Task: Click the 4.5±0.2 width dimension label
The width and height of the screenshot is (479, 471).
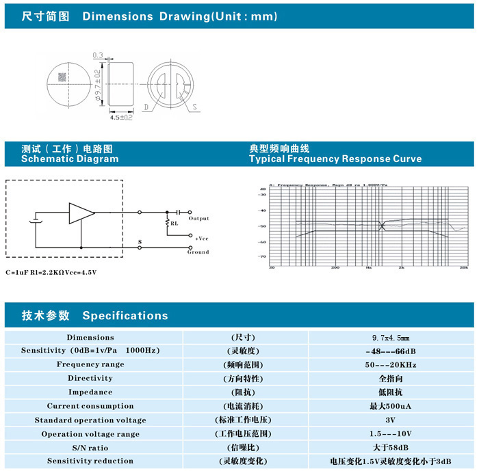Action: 121,118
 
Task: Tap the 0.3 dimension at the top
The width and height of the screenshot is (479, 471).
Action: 97,55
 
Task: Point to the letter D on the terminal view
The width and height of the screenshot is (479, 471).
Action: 146,107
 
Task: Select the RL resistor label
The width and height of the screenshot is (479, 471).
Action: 174,223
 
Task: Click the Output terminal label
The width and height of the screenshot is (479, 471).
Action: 198,219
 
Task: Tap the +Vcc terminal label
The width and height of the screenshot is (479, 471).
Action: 201,238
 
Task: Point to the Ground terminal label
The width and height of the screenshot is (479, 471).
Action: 198,252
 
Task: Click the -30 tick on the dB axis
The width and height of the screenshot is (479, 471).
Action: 261,195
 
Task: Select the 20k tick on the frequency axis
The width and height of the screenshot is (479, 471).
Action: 463,268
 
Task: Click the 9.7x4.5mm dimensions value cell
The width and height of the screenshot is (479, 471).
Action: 390,338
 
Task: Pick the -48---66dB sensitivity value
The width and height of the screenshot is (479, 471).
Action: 390,351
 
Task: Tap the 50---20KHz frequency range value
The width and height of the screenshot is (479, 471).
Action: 390,365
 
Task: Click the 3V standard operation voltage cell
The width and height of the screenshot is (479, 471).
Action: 390,420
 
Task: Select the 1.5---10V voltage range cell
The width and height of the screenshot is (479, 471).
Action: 390,434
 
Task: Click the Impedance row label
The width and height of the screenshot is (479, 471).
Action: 90,392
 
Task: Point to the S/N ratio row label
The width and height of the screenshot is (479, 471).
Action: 90,448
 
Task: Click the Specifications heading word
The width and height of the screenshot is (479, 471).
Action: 125,316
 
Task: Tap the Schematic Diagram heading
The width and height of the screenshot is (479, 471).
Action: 70,159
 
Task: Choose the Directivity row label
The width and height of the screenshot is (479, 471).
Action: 90,378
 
